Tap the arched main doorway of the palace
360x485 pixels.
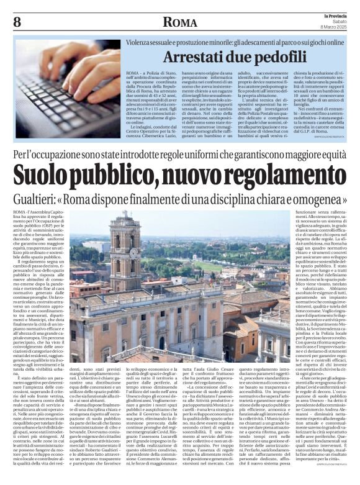161,342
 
